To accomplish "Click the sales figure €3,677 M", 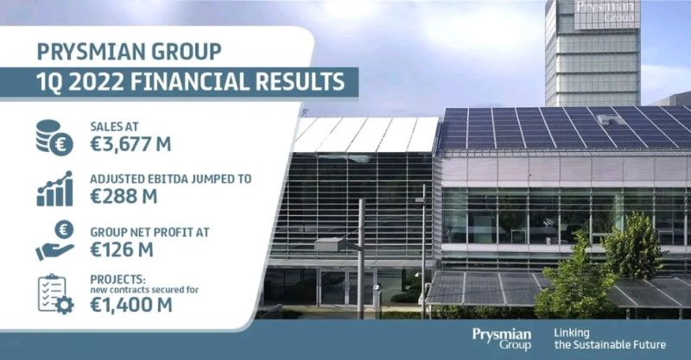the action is [130, 144].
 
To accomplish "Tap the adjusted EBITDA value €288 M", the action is [124, 197].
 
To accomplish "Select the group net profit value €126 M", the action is [122, 249].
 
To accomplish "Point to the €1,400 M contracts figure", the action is [131, 305].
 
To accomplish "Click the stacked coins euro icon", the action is [54, 137].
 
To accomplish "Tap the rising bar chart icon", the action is [54, 188].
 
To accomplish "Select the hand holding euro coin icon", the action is [54, 241].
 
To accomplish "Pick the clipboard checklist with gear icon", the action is [55, 294].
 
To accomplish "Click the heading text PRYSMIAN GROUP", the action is [129, 52].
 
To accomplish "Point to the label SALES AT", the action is [115, 127].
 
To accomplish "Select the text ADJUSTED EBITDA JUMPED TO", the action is [171, 179].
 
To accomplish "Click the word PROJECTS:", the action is [117, 280].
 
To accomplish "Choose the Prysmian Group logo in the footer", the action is [502, 339].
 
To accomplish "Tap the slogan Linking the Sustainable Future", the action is [610, 339].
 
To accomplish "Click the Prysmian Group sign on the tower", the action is [605, 12].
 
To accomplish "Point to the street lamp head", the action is [331, 244].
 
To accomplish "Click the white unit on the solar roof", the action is [611, 119].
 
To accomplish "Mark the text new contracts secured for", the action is [144, 290].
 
